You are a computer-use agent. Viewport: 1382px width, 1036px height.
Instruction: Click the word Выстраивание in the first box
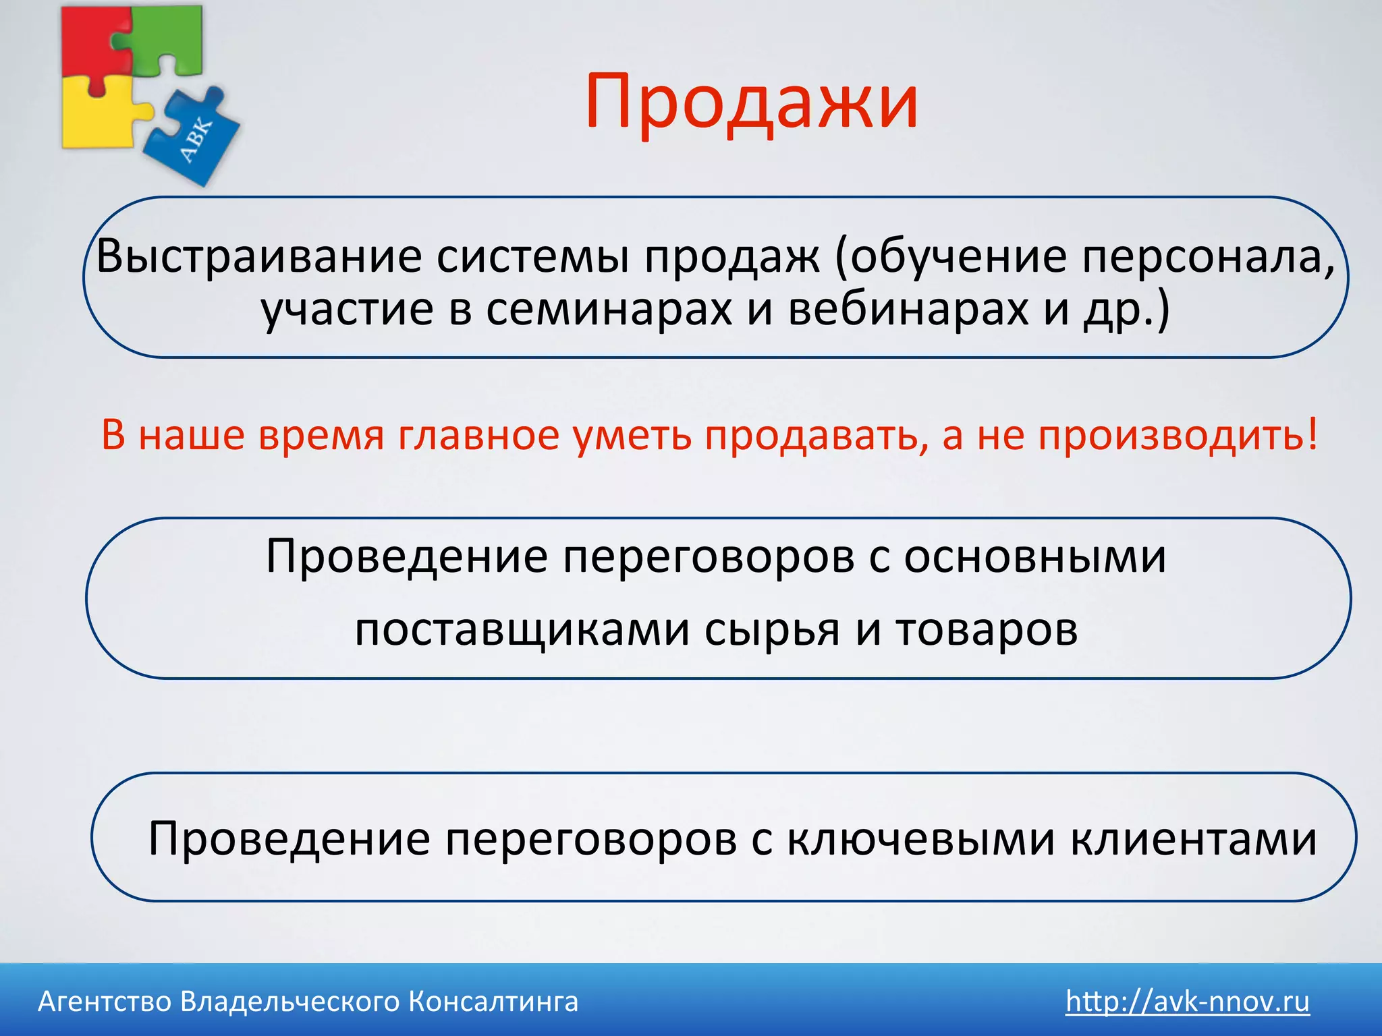coord(259,257)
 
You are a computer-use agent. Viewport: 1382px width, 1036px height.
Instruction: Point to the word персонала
coord(1208,257)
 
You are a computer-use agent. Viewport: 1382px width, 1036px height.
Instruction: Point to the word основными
coord(1035,557)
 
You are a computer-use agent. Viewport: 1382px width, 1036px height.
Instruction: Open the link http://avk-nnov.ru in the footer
coord(1188,1002)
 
